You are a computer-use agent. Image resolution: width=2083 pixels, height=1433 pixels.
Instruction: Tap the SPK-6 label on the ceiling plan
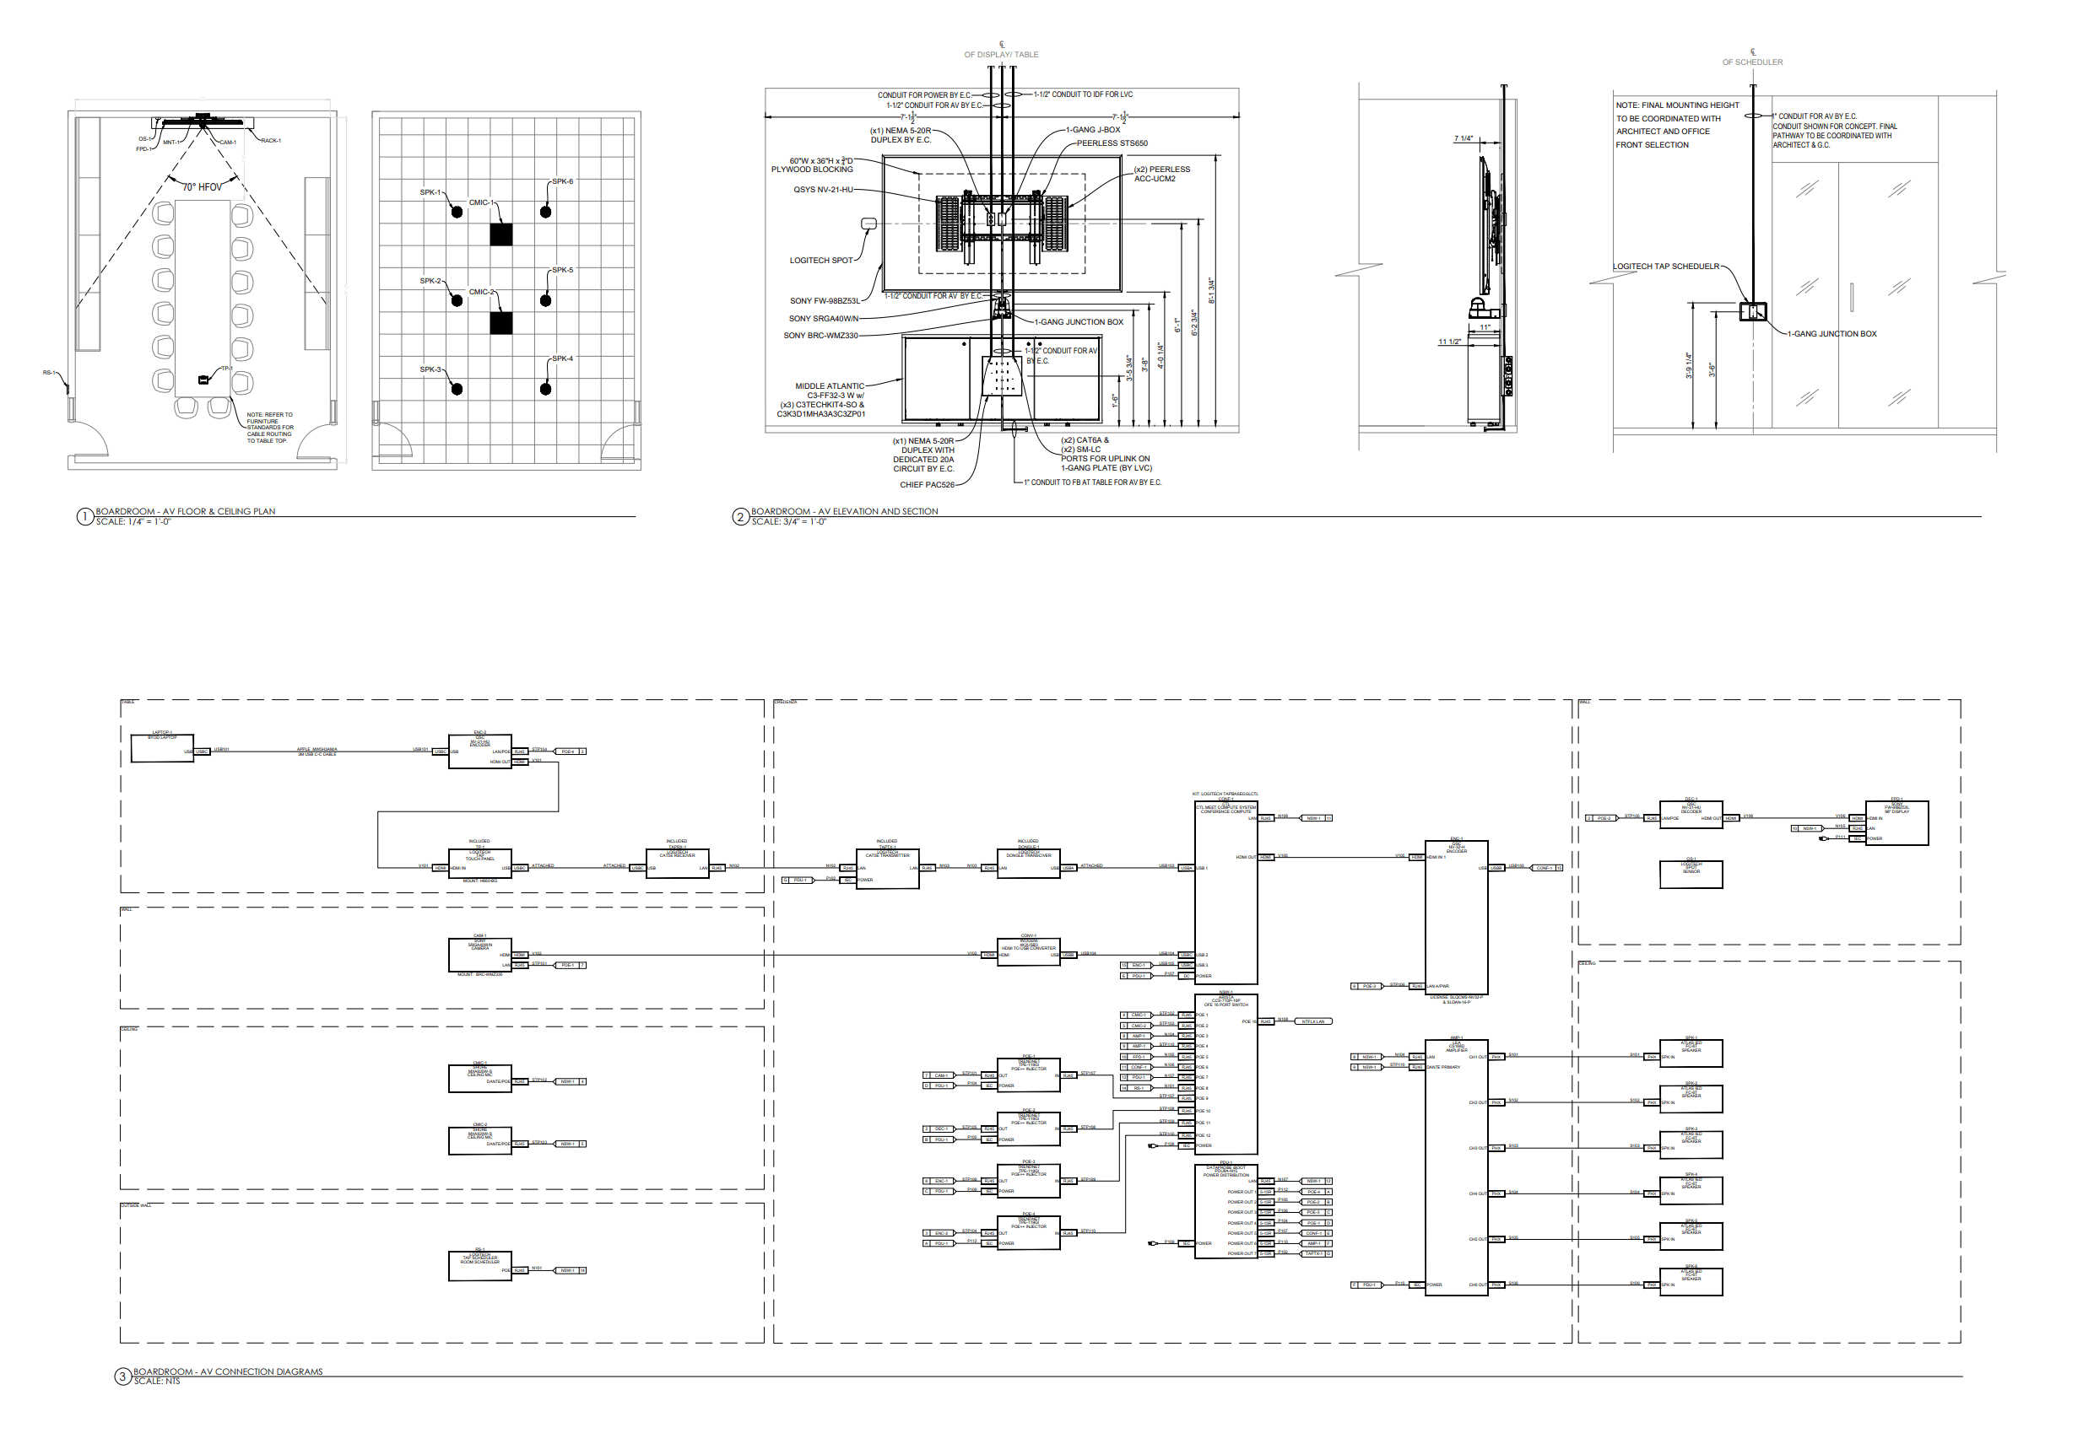click(562, 181)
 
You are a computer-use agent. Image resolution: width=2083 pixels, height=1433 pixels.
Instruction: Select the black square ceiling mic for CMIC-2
click(501, 322)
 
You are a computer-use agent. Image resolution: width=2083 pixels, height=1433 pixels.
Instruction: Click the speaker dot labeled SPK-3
click(457, 389)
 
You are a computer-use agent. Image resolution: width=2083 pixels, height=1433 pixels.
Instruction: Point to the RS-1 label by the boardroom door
click(50, 373)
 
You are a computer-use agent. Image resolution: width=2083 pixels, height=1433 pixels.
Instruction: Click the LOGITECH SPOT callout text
click(821, 261)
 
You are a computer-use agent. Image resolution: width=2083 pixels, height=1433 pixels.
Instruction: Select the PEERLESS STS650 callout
click(1112, 143)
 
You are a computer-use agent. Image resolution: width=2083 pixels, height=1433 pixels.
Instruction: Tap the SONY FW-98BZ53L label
click(825, 301)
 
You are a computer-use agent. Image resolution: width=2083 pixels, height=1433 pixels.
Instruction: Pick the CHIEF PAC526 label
click(927, 485)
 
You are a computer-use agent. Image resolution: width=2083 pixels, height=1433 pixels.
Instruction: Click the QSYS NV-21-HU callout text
click(823, 190)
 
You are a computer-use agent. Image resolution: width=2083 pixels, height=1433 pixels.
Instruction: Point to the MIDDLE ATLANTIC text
click(829, 386)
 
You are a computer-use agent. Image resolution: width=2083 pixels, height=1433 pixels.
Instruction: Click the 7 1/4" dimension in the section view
click(1464, 139)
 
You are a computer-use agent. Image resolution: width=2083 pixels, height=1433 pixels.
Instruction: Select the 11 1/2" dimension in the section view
click(1450, 342)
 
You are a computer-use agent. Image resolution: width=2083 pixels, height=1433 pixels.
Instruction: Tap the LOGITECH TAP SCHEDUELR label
click(1665, 267)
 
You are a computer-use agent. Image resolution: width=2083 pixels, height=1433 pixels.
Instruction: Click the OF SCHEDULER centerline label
click(1752, 62)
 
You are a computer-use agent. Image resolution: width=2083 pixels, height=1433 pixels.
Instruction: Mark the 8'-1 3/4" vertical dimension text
click(1211, 290)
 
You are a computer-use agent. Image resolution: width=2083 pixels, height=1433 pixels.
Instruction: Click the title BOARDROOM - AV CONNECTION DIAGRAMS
click(228, 1371)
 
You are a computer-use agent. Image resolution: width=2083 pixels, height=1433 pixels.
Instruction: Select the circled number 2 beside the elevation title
click(740, 516)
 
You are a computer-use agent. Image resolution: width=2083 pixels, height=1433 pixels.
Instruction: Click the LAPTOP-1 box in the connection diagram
click(162, 749)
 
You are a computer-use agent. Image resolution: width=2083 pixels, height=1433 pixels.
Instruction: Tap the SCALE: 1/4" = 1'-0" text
click(133, 521)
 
